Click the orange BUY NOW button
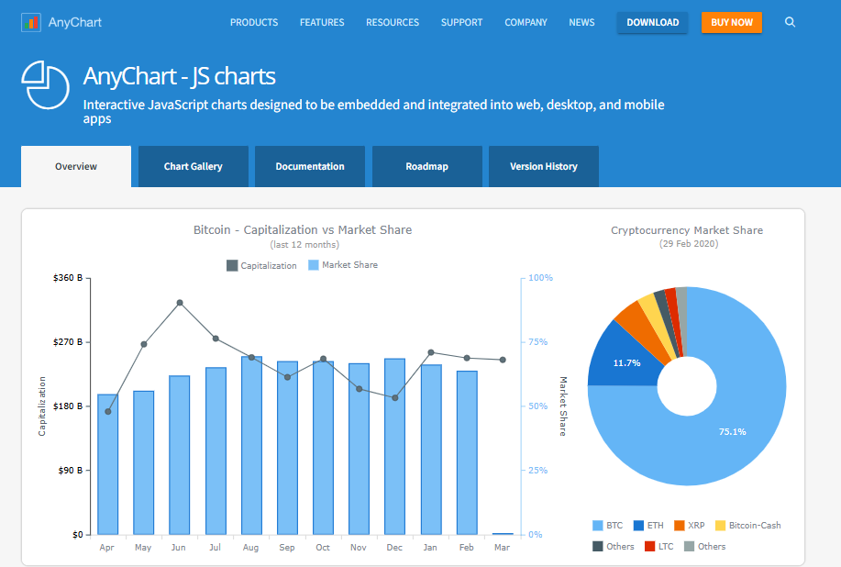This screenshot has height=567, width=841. click(731, 22)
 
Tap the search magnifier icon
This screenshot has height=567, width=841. click(791, 22)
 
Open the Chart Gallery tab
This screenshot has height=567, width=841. click(193, 166)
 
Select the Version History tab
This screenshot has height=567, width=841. click(543, 166)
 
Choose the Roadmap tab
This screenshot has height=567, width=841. click(426, 166)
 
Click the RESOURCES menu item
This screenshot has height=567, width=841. click(392, 22)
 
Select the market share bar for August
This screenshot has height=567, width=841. click(251, 445)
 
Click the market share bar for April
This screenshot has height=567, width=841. click(108, 463)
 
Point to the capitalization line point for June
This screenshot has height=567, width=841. click(180, 303)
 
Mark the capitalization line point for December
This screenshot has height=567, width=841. click(394, 398)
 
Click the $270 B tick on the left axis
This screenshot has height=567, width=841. click(68, 341)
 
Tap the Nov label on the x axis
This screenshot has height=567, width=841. click(359, 548)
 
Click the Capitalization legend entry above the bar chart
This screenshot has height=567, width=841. click(261, 265)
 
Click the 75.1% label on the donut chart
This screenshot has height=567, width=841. click(732, 431)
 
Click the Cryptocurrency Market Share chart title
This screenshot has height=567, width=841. click(687, 230)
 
